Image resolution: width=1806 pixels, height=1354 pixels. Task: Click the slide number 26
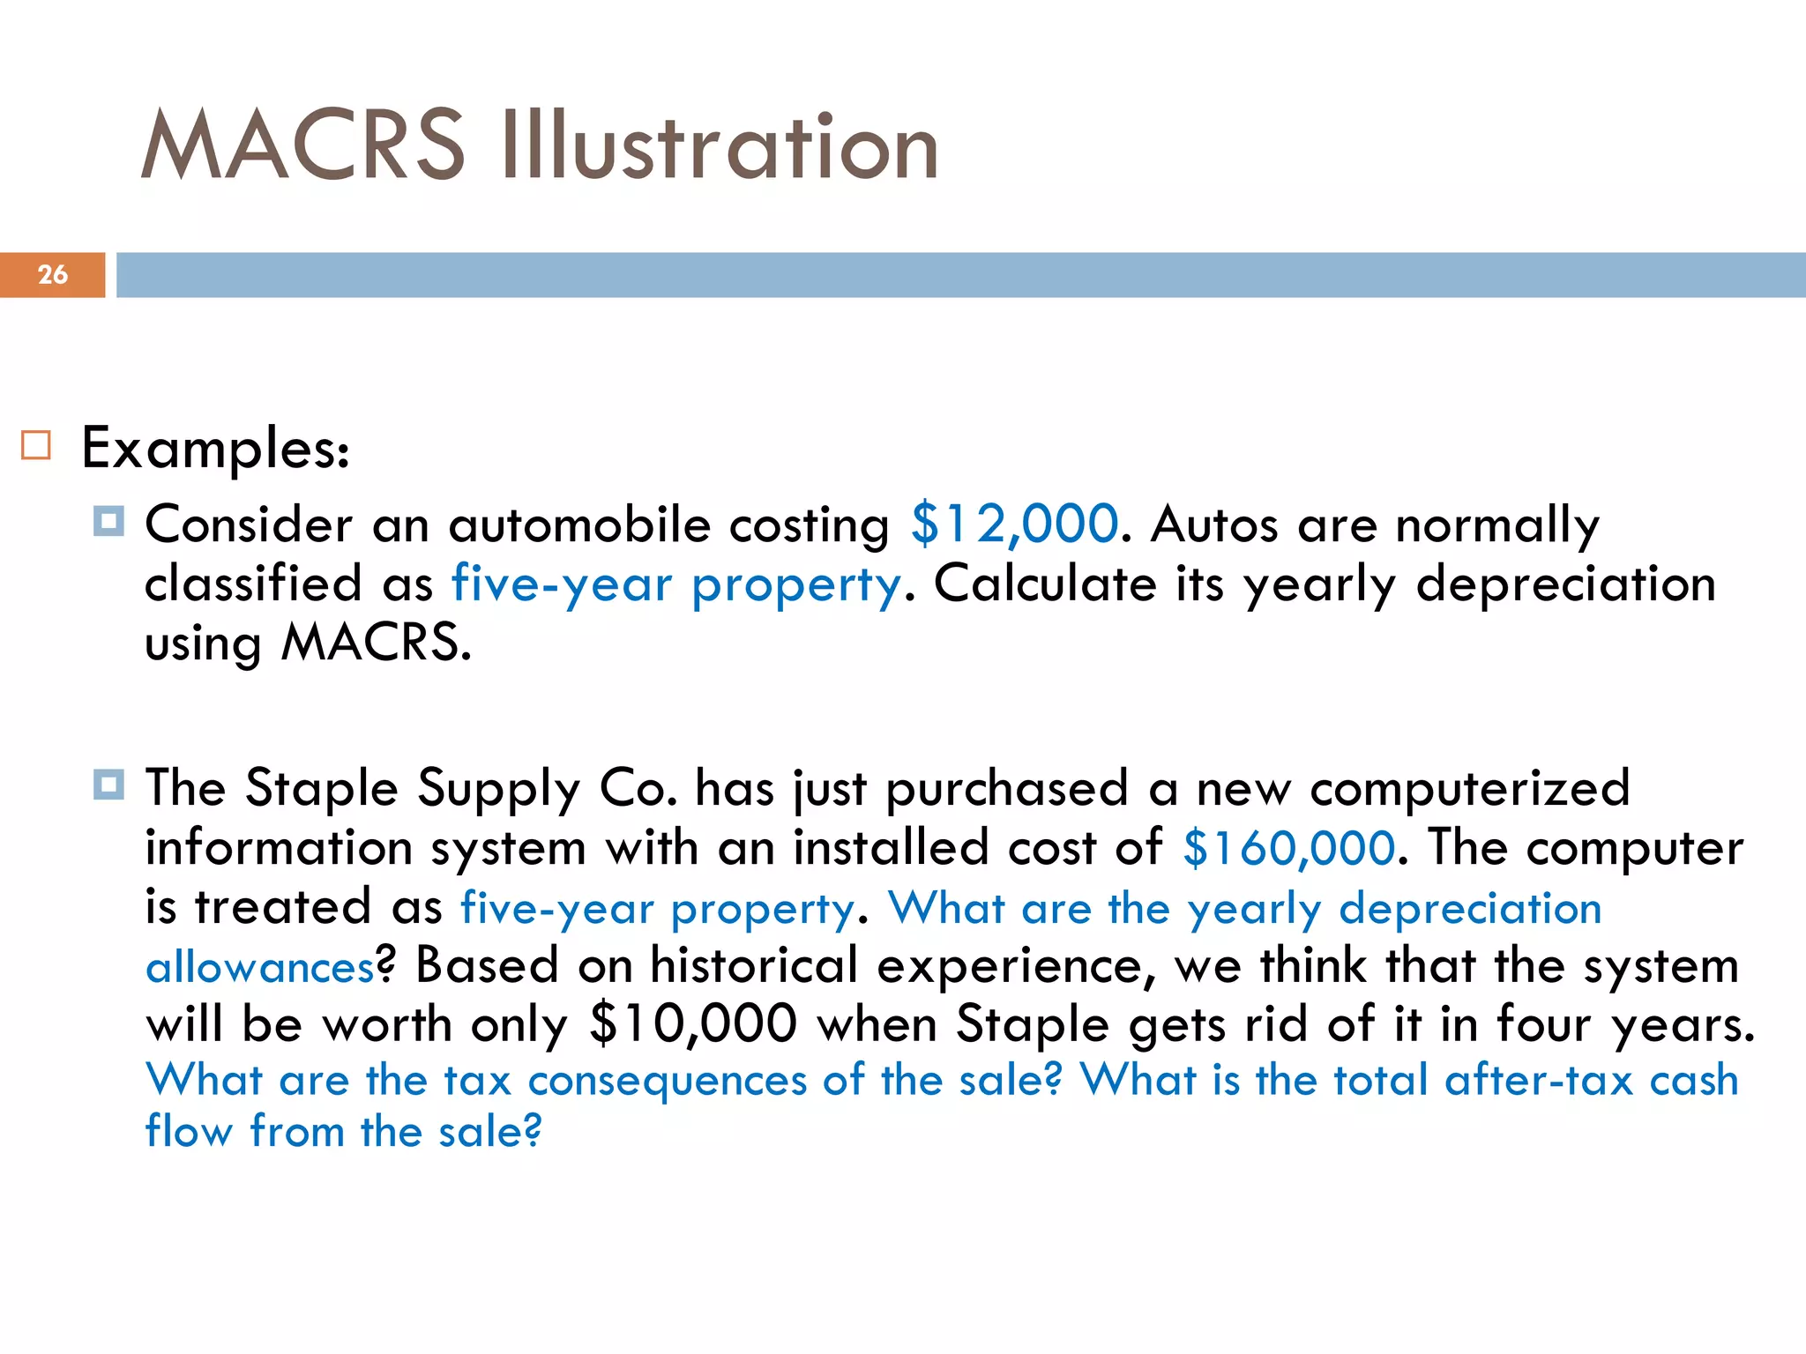click(x=53, y=274)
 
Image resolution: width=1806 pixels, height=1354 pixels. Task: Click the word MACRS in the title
click(x=302, y=145)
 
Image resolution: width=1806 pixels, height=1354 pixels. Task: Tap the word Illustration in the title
click(x=720, y=145)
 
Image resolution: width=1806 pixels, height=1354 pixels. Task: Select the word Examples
click(x=214, y=449)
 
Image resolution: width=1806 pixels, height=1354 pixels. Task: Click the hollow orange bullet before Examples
click(x=36, y=445)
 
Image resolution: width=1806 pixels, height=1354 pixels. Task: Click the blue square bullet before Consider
click(x=108, y=521)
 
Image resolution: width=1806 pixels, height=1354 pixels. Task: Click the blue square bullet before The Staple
click(x=108, y=784)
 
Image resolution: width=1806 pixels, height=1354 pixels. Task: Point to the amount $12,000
click(x=1014, y=524)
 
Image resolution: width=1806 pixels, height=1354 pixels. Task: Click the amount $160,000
click(x=1288, y=848)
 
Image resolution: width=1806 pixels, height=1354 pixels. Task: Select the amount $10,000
click(x=693, y=1024)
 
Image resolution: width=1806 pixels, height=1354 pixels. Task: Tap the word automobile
click(x=579, y=524)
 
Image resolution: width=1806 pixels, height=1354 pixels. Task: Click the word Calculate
click(x=1045, y=584)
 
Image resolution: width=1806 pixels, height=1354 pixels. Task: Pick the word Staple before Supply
click(x=322, y=788)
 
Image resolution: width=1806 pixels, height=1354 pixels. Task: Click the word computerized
click(x=1469, y=788)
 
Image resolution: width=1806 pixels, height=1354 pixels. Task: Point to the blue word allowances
click(x=260, y=968)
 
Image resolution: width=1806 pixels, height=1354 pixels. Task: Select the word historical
click(x=754, y=965)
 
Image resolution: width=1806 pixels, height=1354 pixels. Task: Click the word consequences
click(x=667, y=1082)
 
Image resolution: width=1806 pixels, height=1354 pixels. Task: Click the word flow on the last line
click(x=188, y=1131)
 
